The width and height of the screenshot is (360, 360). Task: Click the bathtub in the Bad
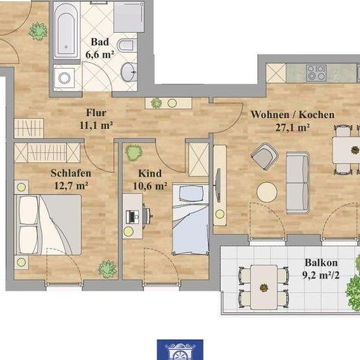click(x=66, y=30)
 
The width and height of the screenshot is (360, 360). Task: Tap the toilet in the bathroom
click(x=127, y=45)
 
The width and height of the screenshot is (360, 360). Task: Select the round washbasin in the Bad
click(x=128, y=72)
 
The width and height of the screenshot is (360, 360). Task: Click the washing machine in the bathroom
click(x=64, y=78)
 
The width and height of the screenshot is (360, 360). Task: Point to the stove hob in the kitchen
click(x=316, y=72)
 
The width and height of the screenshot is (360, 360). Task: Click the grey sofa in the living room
click(x=298, y=183)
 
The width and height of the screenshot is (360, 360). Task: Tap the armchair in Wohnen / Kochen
click(x=264, y=156)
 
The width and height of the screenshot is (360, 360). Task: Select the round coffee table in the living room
click(x=267, y=192)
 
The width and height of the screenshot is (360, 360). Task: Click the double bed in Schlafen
click(x=48, y=225)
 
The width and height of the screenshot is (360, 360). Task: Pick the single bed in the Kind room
click(x=190, y=219)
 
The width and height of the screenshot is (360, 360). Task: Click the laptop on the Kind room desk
click(x=132, y=217)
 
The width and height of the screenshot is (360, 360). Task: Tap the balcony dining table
click(x=264, y=287)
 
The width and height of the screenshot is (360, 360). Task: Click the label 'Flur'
click(x=96, y=113)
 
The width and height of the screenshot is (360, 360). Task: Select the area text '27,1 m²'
click(x=293, y=128)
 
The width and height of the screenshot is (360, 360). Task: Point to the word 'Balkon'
click(x=321, y=262)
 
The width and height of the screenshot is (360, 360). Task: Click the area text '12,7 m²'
click(x=71, y=185)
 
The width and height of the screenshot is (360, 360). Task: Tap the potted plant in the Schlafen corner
click(x=107, y=269)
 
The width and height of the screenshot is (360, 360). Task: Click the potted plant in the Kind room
click(x=134, y=153)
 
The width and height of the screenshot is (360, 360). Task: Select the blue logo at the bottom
click(x=180, y=350)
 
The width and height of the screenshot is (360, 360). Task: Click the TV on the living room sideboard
click(x=219, y=185)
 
